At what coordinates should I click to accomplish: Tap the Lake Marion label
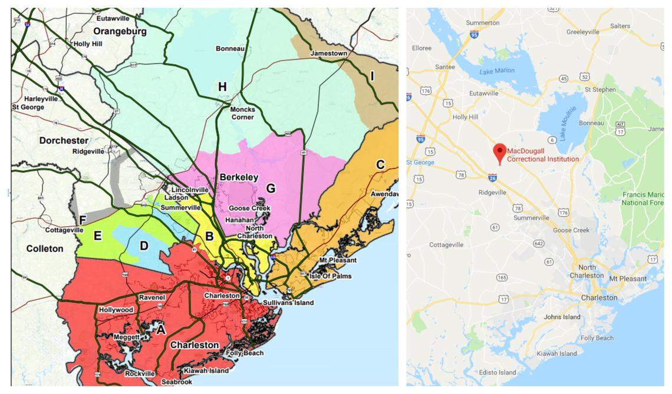(496, 71)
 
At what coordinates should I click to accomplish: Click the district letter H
(222, 87)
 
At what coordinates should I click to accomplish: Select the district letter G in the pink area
(271, 188)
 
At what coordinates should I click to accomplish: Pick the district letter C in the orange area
(380, 164)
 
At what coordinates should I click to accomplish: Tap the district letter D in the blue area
(144, 245)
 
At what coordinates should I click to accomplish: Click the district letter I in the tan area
(372, 75)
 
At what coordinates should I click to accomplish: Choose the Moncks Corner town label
(242, 113)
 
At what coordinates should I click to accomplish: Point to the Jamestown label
(329, 54)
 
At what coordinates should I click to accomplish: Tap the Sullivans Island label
(288, 303)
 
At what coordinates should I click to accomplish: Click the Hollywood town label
(116, 310)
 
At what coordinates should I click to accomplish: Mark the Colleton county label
(44, 249)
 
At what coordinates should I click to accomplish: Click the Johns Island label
(562, 317)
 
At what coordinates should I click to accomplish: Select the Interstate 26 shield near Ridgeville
(492, 177)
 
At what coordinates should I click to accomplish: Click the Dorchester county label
(64, 140)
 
